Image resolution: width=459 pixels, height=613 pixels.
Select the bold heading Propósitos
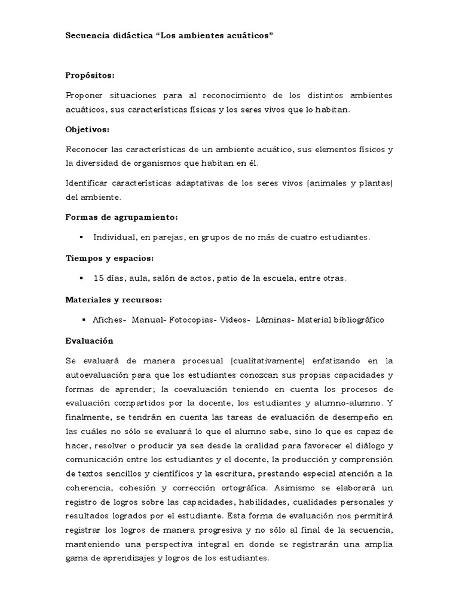pos(90,76)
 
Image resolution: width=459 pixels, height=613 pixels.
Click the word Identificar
pos(88,182)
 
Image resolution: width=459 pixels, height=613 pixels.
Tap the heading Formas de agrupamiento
pos(121,217)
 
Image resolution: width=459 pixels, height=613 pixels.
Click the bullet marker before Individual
pos(81,237)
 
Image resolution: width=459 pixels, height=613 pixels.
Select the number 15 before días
pos(99,278)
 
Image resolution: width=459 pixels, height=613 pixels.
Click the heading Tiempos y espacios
pos(109,258)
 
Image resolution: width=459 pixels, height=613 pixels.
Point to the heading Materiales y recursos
pos(114,299)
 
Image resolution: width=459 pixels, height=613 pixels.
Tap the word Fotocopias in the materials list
pos(192,320)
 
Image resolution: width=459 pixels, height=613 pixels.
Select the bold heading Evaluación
pos(89,340)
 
